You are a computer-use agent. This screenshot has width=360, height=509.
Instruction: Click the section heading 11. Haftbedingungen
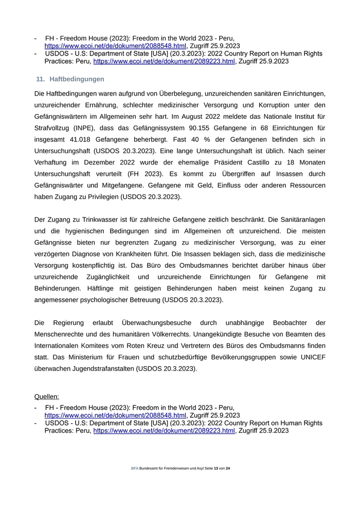pyautogui.click(x=70, y=79)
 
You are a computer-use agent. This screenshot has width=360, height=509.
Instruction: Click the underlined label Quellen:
pyautogui.click(x=47, y=396)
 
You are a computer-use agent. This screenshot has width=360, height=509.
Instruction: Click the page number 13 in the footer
pyautogui.click(x=216, y=468)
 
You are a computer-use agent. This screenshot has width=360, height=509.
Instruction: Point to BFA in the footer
pyautogui.click(x=135, y=468)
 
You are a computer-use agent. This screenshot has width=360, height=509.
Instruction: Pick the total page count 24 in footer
pyautogui.click(x=227, y=468)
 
